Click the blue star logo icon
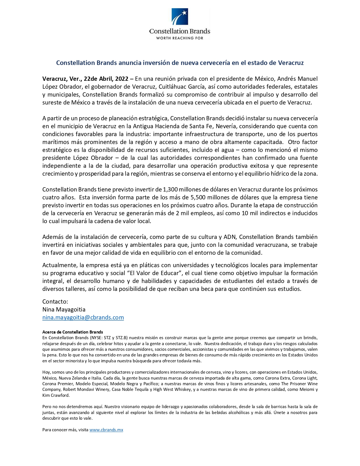(180, 17)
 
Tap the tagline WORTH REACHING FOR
(180, 38)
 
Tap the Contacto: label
(55, 302)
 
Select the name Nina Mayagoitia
(64, 310)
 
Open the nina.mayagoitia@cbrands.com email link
(83, 317)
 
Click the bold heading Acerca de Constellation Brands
(73, 332)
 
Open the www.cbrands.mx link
(106, 430)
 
